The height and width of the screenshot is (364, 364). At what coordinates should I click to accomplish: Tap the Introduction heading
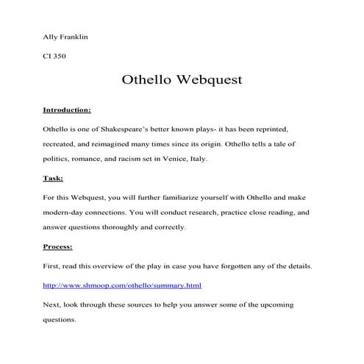click(67, 110)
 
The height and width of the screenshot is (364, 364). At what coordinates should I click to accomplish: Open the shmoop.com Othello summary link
click(122, 285)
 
